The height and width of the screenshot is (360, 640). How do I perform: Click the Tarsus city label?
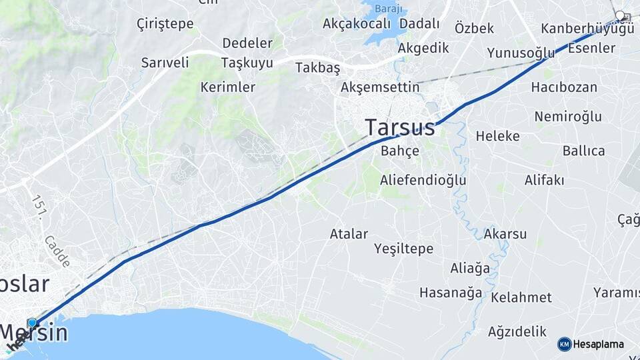(400, 127)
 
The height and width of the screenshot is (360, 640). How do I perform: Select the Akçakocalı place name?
(356, 23)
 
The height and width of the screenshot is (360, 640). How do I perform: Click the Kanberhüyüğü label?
(587, 29)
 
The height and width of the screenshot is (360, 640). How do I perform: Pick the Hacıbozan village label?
(564, 87)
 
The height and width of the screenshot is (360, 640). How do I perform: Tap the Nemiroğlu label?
(568, 117)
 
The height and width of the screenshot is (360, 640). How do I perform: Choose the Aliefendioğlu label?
(423, 180)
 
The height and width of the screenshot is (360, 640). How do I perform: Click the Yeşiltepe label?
(403, 249)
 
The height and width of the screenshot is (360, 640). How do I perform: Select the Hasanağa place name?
(451, 293)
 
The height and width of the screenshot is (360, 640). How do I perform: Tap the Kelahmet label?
(521, 297)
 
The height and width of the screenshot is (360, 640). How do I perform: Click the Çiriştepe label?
(165, 24)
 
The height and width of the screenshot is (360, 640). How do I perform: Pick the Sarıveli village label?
(165, 63)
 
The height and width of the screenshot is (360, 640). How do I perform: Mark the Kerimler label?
(227, 87)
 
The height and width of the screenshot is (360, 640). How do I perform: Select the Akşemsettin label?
(380, 87)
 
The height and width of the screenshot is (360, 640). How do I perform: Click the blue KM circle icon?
(564, 344)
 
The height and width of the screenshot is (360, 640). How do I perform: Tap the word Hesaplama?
(599, 345)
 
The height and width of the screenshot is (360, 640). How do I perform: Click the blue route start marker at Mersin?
(32, 323)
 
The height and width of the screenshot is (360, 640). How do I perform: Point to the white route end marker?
(620, 15)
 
